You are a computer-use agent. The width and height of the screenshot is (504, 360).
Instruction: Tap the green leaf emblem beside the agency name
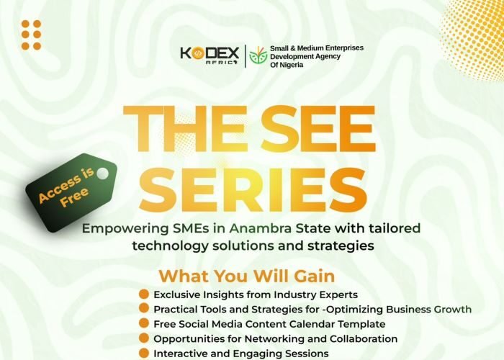(x=257, y=55)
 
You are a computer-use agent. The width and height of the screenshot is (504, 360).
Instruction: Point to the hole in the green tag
(x=102, y=173)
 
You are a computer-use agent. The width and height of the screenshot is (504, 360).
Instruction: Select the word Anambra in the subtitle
(x=262, y=229)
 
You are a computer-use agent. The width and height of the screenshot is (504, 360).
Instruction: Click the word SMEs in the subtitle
(x=187, y=229)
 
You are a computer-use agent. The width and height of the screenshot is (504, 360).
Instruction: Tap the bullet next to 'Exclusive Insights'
(x=144, y=294)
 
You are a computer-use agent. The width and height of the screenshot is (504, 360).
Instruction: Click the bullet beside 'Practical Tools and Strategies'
(x=144, y=309)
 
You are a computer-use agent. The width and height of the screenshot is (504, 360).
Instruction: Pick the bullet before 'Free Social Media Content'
(x=144, y=324)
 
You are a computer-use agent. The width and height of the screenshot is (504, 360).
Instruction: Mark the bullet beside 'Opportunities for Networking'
(x=144, y=338)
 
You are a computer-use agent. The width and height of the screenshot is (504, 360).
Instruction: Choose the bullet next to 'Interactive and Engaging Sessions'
(x=144, y=353)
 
